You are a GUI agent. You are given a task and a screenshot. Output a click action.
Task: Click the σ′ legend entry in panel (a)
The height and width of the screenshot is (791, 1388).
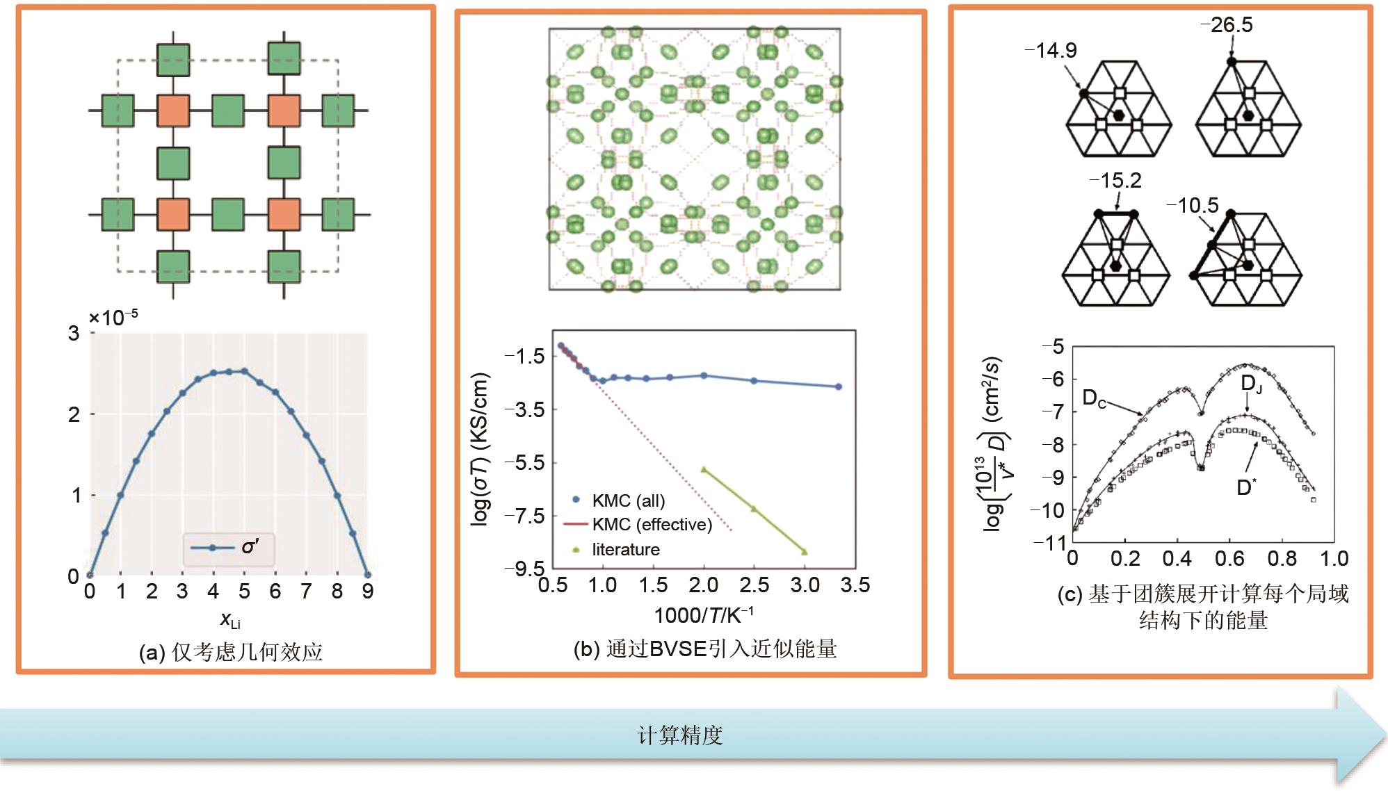click(229, 548)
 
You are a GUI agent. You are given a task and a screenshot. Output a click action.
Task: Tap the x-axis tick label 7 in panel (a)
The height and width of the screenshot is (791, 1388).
click(306, 592)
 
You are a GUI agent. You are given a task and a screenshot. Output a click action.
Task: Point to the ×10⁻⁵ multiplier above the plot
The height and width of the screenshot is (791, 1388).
click(113, 318)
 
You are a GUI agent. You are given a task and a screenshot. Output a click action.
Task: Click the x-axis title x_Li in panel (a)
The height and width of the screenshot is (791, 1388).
click(230, 619)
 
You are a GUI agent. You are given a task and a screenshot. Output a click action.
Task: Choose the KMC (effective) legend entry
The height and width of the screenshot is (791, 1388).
click(640, 524)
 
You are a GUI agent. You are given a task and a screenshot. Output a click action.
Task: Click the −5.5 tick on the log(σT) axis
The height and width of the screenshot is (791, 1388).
click(525, 462)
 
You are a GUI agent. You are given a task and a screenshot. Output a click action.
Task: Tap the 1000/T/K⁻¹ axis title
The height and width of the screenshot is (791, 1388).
click(703, 614)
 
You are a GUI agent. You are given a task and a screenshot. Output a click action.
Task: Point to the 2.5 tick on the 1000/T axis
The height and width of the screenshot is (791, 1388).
click(754, 585)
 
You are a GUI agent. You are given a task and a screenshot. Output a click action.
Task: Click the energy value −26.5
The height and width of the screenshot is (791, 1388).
click(1227, 25)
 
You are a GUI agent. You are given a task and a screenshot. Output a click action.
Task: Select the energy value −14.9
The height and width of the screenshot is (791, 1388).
click(1051, 50)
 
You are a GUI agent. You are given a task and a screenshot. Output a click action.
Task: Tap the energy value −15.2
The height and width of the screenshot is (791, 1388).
click(1116, 181)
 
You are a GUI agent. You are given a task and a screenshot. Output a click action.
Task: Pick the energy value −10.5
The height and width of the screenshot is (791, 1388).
click(1193, 206)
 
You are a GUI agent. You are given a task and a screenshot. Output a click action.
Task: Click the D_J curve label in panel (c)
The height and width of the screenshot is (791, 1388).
click(1251, 384)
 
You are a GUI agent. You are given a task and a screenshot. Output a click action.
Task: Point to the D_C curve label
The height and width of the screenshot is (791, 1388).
click(1094, 399)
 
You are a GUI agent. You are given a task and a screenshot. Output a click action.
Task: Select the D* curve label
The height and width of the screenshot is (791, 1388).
click(1245, 487)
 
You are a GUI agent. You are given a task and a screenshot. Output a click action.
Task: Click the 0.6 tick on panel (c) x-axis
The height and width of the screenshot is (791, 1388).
click(1229, 558)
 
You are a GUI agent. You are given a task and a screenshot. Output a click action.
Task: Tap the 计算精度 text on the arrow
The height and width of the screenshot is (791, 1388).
click(680, 735)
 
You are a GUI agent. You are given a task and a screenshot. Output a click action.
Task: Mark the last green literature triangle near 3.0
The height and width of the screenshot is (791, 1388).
click(805, 552)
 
